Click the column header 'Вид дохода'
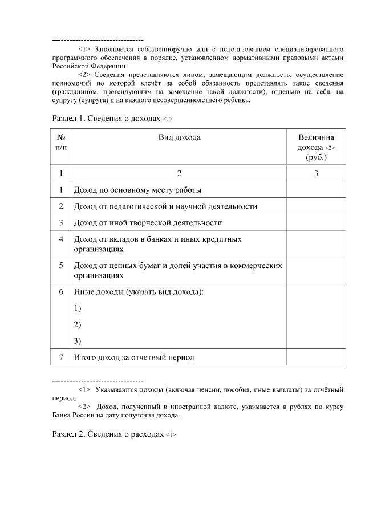179,137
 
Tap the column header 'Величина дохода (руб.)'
315,147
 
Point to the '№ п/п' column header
61,143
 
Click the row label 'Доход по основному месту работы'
137,190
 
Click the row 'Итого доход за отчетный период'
134,357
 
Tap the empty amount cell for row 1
315,190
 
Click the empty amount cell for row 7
315,357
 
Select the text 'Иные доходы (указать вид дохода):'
139,292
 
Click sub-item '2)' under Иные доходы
78,325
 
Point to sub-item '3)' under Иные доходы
78,341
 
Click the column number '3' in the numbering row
315,173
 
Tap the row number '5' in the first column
61,265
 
